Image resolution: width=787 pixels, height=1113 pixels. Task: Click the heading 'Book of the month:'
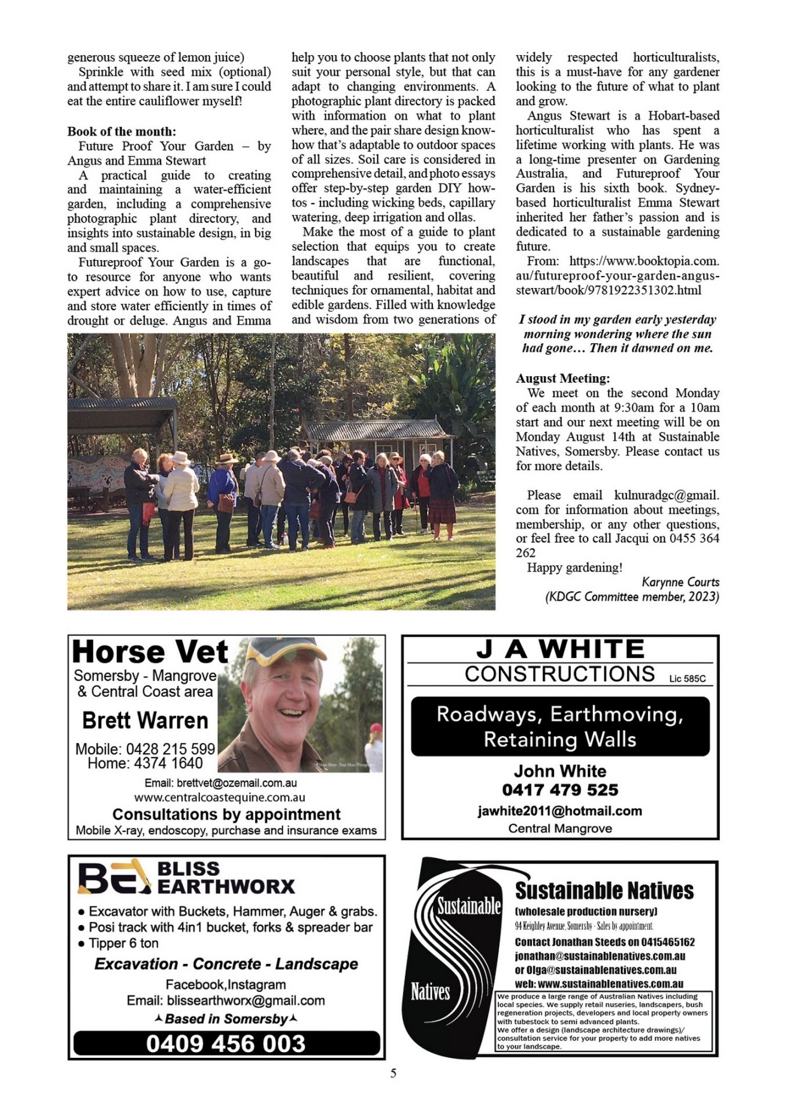pos(122,132)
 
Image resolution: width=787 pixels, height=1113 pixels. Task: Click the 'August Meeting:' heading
pos(563,379)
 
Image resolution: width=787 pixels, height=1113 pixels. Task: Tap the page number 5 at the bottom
pos(394,1073)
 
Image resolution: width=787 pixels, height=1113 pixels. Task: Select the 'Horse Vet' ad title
pos(150,652)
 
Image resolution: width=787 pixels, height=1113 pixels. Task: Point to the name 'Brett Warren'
pos(145,721)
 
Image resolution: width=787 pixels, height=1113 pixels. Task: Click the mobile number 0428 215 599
pos(170,749)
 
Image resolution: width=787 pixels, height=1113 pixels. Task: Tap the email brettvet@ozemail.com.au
pos(236,783)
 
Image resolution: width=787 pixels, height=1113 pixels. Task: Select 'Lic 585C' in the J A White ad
pos(687,678)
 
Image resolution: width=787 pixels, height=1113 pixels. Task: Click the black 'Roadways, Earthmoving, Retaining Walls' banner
pos(560,726)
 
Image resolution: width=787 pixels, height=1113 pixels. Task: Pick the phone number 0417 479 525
pos(560,790)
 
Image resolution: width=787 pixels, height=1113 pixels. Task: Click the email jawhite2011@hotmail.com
pos(560,811)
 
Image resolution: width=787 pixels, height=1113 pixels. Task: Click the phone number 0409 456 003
pos(226,1043)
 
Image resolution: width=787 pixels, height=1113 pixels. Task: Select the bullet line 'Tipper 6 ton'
pos(123,943)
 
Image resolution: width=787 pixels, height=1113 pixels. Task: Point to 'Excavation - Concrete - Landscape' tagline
pos(226,964)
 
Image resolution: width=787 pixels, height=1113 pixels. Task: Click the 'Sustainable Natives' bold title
pos(604,890)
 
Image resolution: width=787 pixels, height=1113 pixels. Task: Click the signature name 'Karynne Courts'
pos(680,582)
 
